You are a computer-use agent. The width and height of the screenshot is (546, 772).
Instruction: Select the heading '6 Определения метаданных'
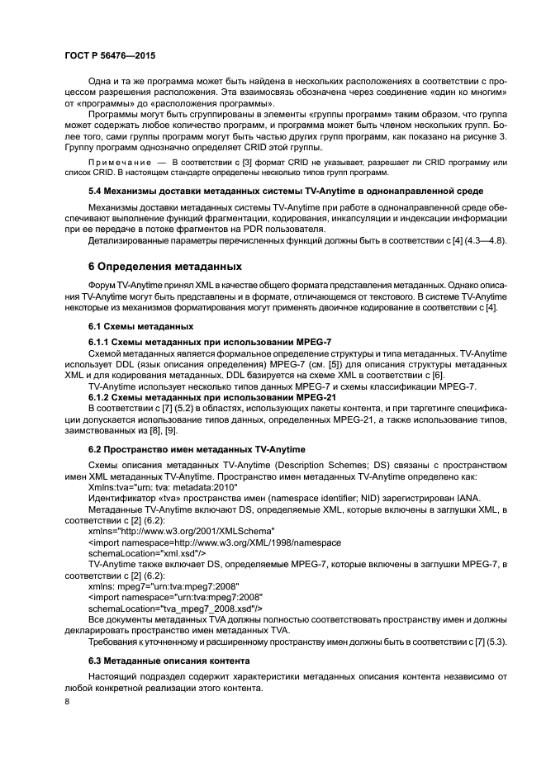(x=164, y=267)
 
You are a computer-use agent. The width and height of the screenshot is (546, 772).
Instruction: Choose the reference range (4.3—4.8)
(x=478, y=240)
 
